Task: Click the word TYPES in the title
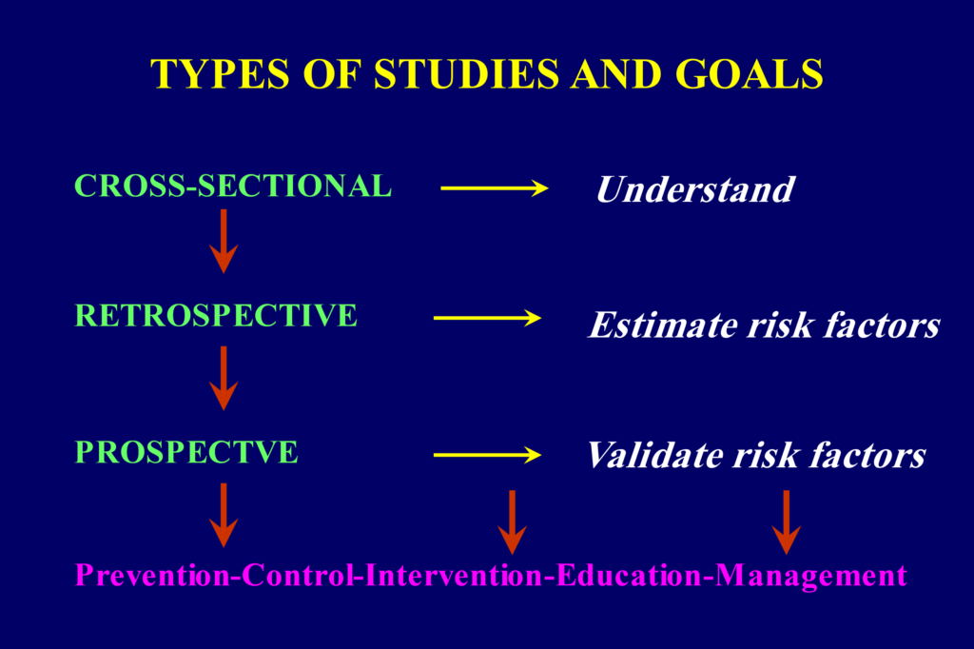[221, 74]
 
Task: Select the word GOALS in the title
[750, 74]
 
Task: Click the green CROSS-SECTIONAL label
[233, 186]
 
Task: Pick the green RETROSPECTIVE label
[216, 315]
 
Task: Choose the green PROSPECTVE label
[186, 452]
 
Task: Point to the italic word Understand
[695, 189]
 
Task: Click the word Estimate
[663, 324]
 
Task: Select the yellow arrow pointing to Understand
[495, 187]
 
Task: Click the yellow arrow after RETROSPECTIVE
[488, 318]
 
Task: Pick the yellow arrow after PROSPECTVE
[488, 455]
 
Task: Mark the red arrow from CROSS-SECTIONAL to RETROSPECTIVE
[224, 241]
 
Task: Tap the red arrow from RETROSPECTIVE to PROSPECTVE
[224, 378]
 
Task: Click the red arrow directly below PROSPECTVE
[224, 515]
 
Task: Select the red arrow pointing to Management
[787, 522]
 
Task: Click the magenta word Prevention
[152, 575]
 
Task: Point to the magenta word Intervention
[454, 575]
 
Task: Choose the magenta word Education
[630, 575]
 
